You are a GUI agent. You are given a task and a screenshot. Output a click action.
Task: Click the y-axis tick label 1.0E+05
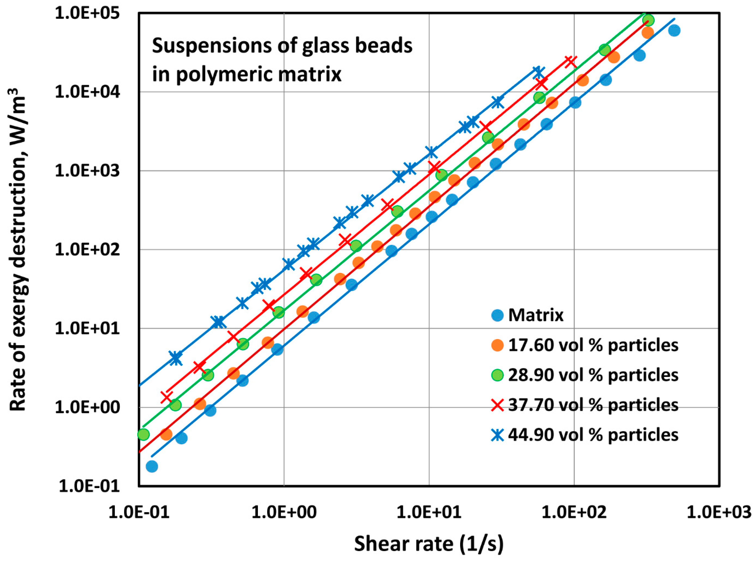coord(88,14)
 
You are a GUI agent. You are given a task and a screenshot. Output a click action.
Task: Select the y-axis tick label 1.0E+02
coord(88,250)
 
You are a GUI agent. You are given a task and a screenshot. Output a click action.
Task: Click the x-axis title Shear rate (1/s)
coord(429,543)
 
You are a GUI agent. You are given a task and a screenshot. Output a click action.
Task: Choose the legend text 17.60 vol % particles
coord(593,345)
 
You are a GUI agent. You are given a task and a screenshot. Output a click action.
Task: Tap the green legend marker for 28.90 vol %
coord(497,375)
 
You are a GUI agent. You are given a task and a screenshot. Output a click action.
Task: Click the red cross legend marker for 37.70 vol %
coord(497,405)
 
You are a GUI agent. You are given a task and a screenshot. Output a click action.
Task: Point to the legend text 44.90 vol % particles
coord(593,435)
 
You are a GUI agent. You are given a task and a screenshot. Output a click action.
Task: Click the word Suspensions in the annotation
coord(211,46)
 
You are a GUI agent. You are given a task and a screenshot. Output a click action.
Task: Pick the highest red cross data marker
coord(571,62)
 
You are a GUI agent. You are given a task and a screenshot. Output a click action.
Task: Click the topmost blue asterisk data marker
coord(538,72)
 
